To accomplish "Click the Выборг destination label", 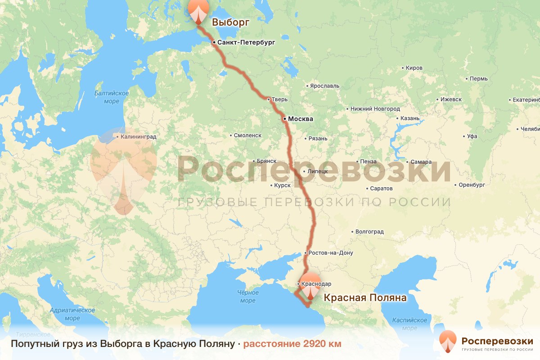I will coord(230,22).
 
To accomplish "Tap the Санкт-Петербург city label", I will coord(245,43).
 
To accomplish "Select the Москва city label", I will coord(300,119).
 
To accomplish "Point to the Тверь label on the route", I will coord(279,99).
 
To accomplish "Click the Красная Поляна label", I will coord(365,298).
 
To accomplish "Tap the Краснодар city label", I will coord(317,284).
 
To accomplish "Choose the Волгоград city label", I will coord(369,232).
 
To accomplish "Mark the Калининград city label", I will coord(139,136).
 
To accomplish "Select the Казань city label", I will coord(410,119).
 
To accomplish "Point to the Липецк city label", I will coord(318,171).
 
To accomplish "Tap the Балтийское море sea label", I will coord(112,97).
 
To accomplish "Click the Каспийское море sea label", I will coord(409,324).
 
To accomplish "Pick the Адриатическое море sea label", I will coord(72,314).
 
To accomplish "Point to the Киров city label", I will coord(414,68).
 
